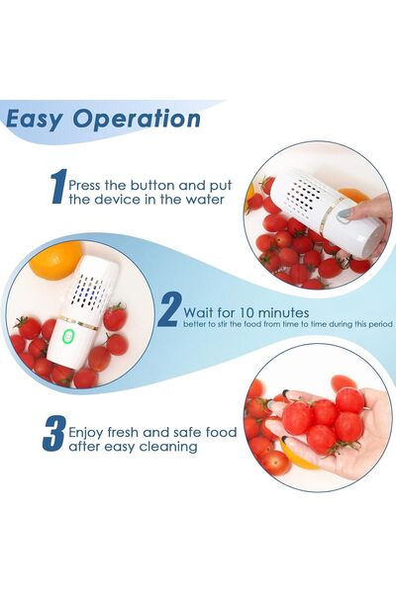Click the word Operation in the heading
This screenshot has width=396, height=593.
click(x=139, y=120)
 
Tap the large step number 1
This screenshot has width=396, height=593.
click(x=57, y=189)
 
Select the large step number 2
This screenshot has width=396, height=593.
click(x=168, y=309)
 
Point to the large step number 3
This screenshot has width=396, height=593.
click(x=52, y=435)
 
